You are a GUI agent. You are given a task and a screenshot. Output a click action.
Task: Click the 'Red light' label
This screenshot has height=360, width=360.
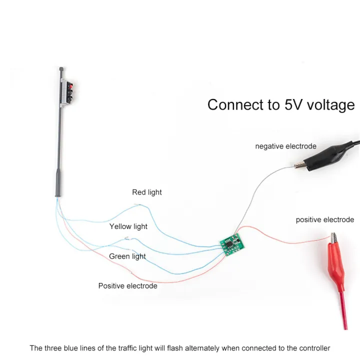147,192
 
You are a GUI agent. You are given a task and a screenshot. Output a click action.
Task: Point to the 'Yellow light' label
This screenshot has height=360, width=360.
128,226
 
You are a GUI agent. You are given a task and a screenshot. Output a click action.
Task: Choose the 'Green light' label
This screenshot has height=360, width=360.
127,256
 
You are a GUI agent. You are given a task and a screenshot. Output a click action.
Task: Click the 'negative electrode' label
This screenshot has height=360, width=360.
286,146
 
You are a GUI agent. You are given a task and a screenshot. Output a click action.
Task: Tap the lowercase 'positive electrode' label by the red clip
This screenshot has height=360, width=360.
324,219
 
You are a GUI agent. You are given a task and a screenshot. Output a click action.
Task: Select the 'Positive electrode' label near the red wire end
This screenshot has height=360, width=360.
127,286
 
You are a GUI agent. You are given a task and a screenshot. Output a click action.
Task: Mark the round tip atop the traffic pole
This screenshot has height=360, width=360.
61,67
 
